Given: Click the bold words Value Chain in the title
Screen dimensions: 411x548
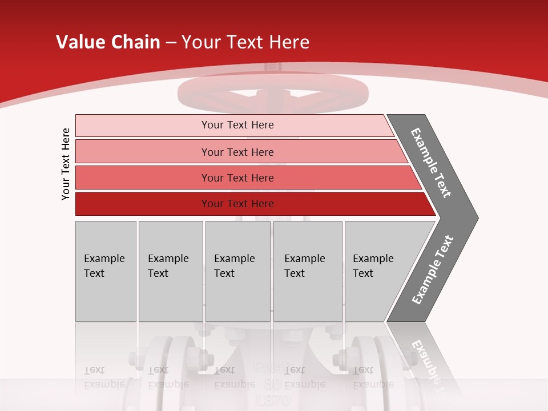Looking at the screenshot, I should (x=108, y=42).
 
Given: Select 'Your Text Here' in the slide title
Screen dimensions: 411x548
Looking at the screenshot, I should (x=245, y=42).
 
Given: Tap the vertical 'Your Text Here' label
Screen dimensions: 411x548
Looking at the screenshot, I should (x=66, y=164).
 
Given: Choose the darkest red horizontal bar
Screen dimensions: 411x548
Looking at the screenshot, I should (x=143, y=204).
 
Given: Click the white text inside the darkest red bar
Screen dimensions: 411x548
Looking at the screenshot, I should (x=237, y=204).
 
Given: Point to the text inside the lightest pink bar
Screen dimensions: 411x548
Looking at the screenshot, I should (x=237, y=125).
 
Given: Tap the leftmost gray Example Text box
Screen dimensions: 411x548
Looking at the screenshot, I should (x=106, y=271).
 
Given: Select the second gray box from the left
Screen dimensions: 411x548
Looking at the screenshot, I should (x=170, y=271).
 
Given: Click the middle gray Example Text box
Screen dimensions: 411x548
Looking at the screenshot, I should (x=237, y=271).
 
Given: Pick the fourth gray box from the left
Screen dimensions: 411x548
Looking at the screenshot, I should (x=308, y=271).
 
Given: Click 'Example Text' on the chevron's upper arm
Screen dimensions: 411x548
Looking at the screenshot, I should (x=431, y=163).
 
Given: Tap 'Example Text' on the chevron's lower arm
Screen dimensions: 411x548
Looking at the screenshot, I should (x=432, y=270).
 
